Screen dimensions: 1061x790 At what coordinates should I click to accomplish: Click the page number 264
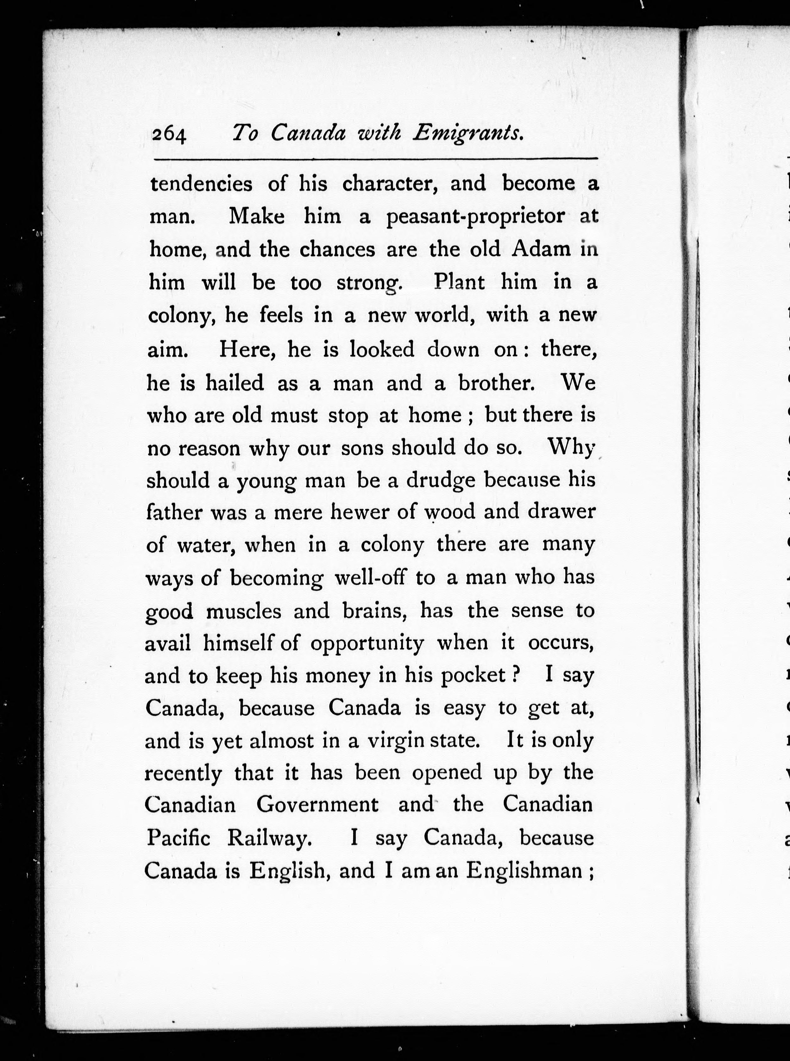(x=169, y=135)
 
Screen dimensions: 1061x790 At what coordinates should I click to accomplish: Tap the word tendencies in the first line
(x=201, y=184)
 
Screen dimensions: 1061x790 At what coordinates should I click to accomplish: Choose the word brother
(x=496, y=382)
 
